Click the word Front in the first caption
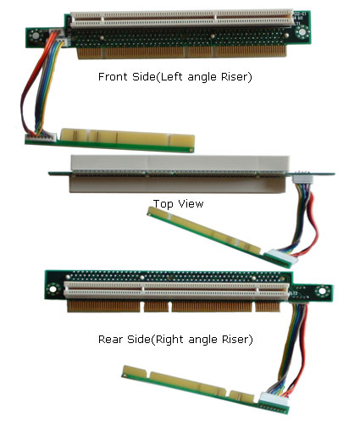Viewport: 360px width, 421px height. tap(113, 76)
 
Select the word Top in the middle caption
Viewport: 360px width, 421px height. tap(163, 204)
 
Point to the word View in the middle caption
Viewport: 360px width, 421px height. tap(191, 203)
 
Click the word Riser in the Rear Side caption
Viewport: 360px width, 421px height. tap(234, 339)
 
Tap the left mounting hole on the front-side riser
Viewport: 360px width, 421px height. tap(36, 36)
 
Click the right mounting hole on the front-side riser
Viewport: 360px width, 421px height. tap(302, 31)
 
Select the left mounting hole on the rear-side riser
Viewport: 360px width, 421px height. tap(53, 290)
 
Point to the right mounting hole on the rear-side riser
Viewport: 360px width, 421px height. tap(322, 291)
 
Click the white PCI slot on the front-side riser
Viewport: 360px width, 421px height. tap(181, 19)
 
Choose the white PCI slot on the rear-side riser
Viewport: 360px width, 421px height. tap(177, 291)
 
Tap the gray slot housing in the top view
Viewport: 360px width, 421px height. tap(180, 174)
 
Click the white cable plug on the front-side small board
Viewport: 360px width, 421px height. tap(41, 137)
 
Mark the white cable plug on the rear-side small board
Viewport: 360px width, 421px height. tap(274, 400)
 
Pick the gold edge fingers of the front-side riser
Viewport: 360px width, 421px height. tap(182, 53)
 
